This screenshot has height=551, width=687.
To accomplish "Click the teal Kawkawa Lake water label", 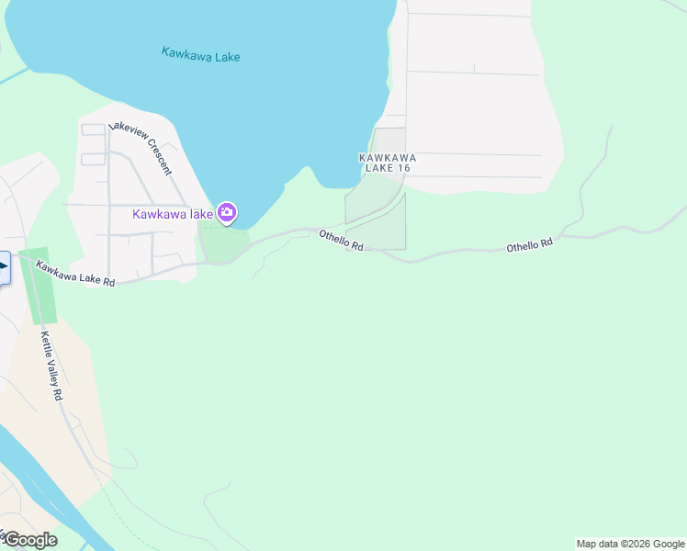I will (200, 55).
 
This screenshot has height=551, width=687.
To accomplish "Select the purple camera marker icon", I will (227, 214).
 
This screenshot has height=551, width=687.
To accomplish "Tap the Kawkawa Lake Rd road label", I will (75, 274).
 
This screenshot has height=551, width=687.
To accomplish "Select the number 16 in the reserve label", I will (398, 168).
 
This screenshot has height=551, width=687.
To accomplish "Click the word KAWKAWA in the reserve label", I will (382, 158).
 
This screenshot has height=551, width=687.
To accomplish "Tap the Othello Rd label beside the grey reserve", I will (342, 241).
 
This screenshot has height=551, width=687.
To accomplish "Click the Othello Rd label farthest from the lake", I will (529, 244).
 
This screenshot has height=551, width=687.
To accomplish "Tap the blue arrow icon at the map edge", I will (3, 267).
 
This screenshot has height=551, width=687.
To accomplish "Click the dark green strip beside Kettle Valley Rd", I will (38, 285).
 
